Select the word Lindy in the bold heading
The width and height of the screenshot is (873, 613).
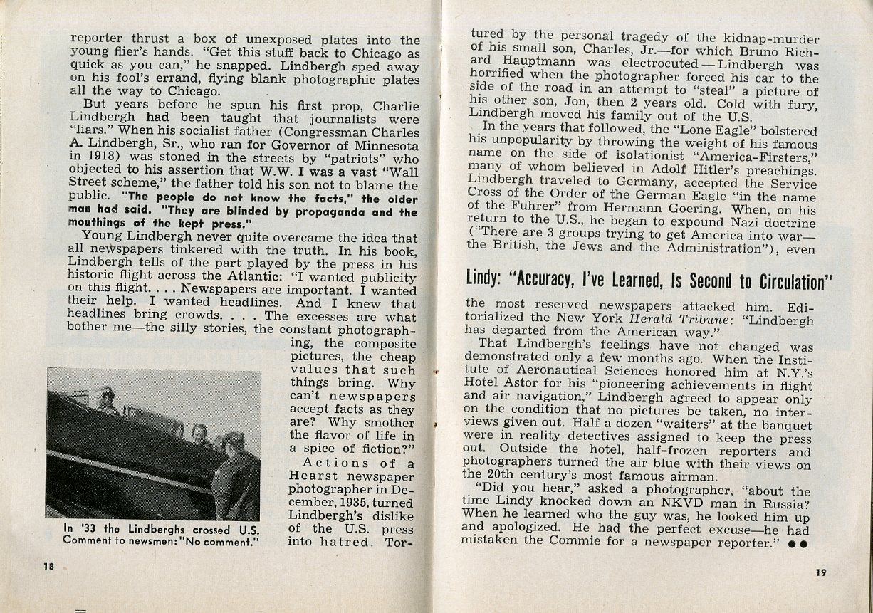click(486, 278)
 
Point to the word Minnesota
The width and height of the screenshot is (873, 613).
click(385, 145)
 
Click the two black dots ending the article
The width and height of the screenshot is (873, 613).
click(798, 543)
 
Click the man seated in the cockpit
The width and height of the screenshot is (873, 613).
click(106, 402)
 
